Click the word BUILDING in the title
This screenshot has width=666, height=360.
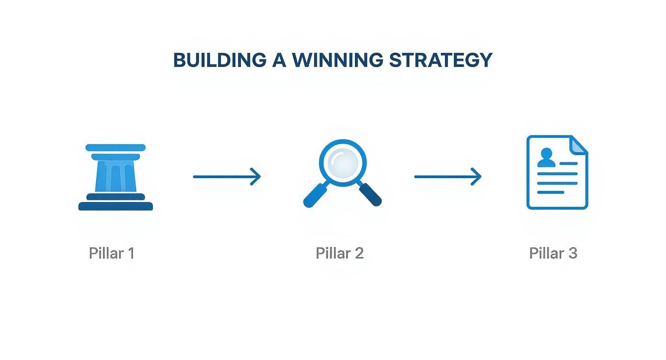[220, 60]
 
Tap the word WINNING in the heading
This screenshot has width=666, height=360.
[338, 60]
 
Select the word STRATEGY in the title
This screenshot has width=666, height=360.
[441, 60]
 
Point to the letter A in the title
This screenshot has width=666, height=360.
[279, 60]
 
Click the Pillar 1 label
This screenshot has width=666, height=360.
[111, 253]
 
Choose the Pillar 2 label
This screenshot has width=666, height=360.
[340, 253]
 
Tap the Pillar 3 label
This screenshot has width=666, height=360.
[553, 253]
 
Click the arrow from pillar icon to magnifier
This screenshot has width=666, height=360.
[227, 177]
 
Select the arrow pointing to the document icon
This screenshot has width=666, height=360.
[448, 177]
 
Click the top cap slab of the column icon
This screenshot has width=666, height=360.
[115, 147]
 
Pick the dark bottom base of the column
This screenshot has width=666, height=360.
[116, 206]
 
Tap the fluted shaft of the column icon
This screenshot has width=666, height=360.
[116, 176]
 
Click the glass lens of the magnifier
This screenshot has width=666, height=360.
[343, 163]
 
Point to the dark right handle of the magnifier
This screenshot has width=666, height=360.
[370, 194]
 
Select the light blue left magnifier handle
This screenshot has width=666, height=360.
[315, 195]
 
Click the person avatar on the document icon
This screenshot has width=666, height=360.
[546, 157]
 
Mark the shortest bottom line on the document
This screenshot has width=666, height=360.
[551, 192]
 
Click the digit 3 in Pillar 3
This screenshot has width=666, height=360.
[573, 254]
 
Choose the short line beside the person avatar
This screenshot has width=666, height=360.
[568, 164]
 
